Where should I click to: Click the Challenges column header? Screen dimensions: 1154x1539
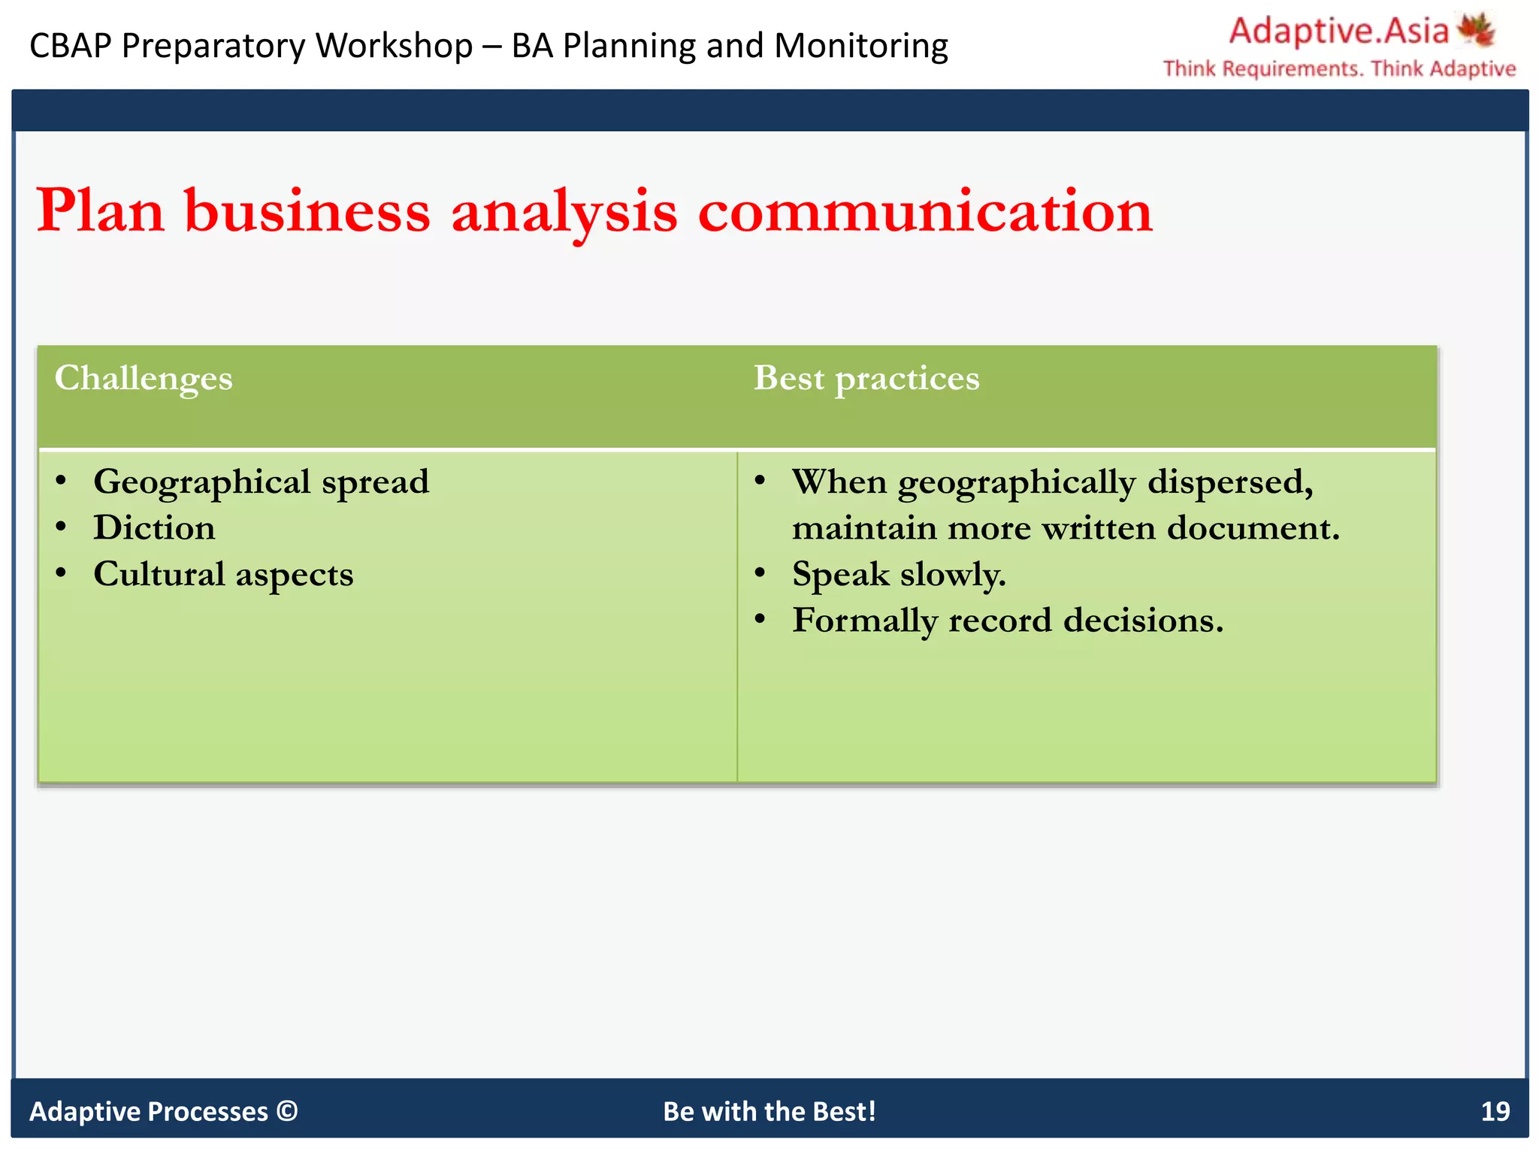point(144,378)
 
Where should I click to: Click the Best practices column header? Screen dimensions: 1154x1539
point(866,378)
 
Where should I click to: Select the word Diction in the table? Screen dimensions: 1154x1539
point(154,527)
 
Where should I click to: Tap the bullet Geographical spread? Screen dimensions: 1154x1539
point(261,482)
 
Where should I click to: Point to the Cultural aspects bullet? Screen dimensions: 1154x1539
point(223,574)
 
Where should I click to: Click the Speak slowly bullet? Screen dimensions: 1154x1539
point(899,575)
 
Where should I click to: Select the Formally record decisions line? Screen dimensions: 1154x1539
point(1008,621)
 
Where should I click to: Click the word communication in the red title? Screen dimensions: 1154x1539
point(925,211)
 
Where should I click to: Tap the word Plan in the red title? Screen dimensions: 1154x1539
point(101,211)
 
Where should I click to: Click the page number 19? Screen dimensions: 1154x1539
point(1495,1111)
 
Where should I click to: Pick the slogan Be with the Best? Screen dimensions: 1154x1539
point(769,1111)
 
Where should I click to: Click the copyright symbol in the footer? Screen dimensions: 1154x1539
point(287,1110)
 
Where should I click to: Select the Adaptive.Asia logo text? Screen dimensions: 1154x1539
point(1338,32)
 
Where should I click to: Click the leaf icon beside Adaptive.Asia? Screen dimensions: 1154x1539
point(1477,30)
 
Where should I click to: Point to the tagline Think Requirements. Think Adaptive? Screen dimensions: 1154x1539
point(1339,69)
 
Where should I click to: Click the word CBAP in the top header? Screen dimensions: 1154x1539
point(71,46)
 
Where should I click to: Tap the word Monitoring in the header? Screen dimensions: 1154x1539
point(861,46)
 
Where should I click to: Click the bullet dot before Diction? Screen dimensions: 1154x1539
point(62,527)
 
